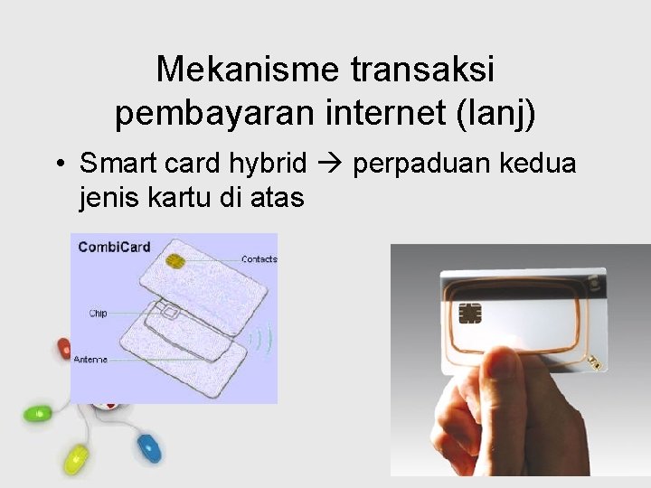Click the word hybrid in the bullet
(x=269, y=164)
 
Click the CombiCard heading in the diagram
(x=114, y=246)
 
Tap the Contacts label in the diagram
(x=259, y=259)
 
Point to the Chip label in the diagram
(x=98, y=314)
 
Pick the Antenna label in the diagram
(x=90, y=360)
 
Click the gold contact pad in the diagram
(x=176, y=261)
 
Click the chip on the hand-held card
(x=470, y=313)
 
